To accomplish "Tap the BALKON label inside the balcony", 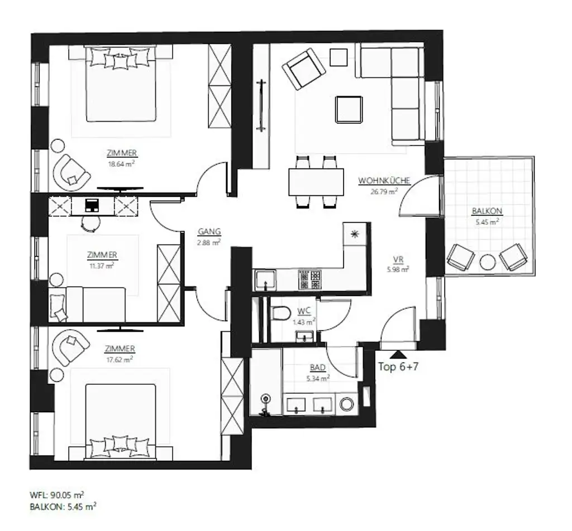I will pyautogui.click(x=487, y=211).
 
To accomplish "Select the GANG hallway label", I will pyautogui.click(x=209, y=232).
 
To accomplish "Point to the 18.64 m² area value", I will pyautogui.click(x=121, y=163).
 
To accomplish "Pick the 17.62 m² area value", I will pyautogui.click(x=120, y=359).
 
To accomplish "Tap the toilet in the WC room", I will pyautogui.click(x=280, y=313).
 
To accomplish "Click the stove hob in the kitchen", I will pyautogui.click(x=309, y=279).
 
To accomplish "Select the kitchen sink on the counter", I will pyautogui.click(x=264, y=279).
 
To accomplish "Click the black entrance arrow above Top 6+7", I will pyautogui.click(x=397, y=354).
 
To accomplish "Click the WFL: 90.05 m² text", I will pyautogui.click(x=57, y=495).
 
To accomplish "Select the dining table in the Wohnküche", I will pyautogui.click(x=316, y=182).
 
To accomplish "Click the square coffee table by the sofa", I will pyautogui.click(x=349, y=109).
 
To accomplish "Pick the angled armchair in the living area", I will pyautogui.click(x=303, y=69).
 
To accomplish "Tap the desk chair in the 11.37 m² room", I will pyautogui.click(x=90, y=223).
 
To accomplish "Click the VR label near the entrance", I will pyautogui.click(x=398, y=259).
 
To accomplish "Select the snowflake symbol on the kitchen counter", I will pyautogui.click(x=354, y=234).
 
